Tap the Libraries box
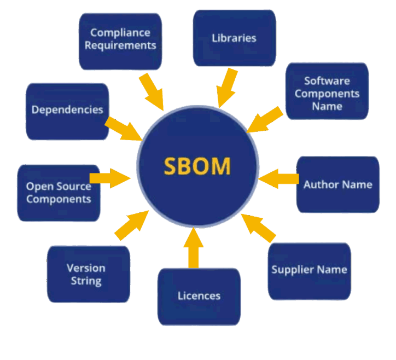(x=234, y=38)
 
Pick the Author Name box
(x=337, y=184)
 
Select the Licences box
(x=199, y=297)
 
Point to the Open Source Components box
(x=59, y=193)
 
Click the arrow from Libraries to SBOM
(x=225, y=88)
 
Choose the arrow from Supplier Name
(x=258, y=227)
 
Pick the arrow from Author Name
(x=279, y=179)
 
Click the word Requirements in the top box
(x=120, y=45)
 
